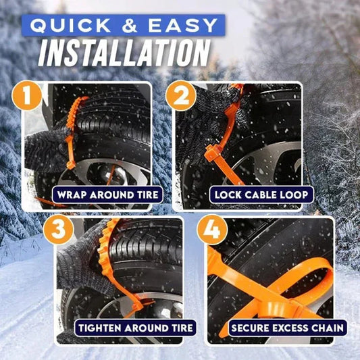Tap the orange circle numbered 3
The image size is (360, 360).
(58, 230)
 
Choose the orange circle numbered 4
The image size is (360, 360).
(211, 230)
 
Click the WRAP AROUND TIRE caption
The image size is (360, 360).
(109, 195)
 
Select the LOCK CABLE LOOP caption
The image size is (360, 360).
(262, 195)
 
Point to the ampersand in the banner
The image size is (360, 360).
(137, 26)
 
